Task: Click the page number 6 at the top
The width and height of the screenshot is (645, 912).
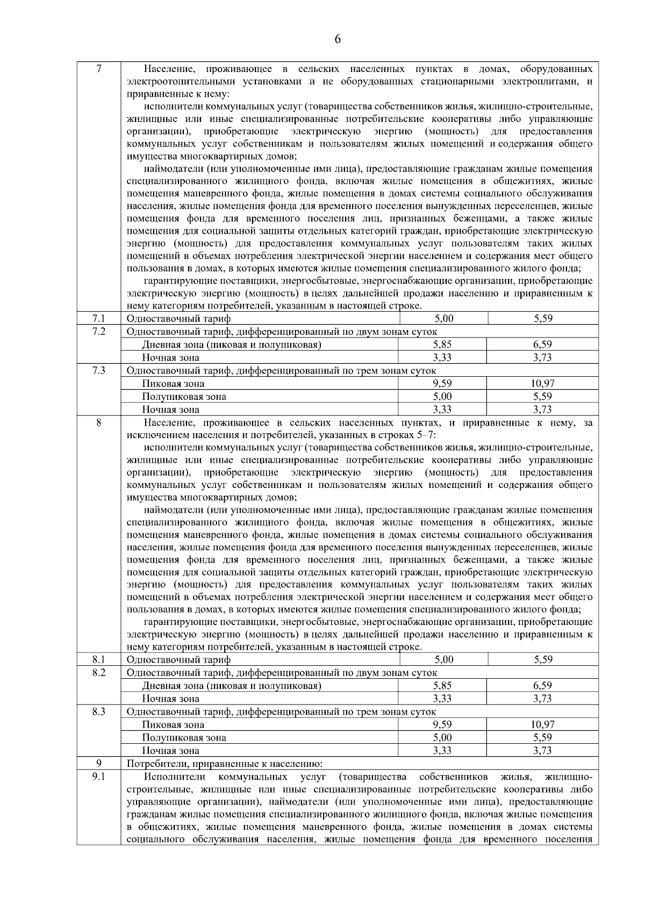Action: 338,39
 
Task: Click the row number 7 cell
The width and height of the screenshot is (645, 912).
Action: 98,69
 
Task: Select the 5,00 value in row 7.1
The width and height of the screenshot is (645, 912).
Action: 443,318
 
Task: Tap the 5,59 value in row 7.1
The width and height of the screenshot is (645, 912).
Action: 543,318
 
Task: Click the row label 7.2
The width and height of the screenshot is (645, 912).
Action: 98,331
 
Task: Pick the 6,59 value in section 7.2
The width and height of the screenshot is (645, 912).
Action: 543,344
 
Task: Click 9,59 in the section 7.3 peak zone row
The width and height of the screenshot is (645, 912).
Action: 442,383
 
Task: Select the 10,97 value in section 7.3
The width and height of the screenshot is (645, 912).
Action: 543,383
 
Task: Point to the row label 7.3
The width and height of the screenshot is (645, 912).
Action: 98,370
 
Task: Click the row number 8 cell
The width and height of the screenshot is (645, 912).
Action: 98,423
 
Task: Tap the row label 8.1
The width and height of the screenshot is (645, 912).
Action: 98,659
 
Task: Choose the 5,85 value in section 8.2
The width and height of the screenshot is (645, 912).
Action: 442,686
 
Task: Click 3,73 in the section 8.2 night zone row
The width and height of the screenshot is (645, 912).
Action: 543,699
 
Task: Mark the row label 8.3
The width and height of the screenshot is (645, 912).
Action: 98,712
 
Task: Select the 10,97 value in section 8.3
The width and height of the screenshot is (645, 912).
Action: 543,724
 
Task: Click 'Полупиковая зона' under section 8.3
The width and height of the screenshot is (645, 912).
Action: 184,738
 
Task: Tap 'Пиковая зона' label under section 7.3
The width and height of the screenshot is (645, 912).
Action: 173,384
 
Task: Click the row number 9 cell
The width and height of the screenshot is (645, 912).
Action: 98,764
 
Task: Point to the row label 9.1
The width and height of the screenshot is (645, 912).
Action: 98,777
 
